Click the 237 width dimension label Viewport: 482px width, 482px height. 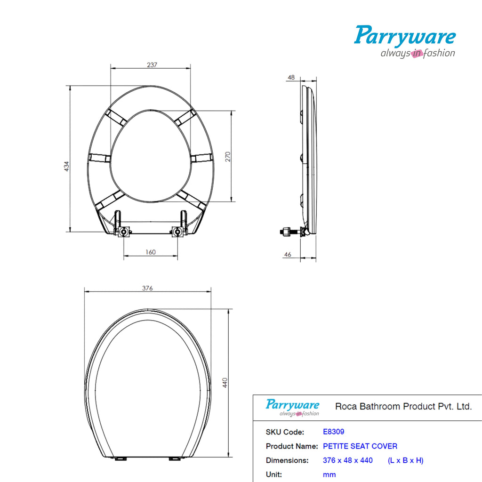point(151,65)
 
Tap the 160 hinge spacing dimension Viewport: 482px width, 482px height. point(150,252)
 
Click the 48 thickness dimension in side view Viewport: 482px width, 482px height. point(291,77)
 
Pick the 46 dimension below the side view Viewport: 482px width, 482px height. point(288,255)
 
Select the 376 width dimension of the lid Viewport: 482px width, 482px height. point(147,289)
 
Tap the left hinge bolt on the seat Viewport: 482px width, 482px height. point(124,232)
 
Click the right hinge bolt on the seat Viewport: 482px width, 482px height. point(177,232)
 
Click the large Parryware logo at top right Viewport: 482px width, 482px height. point(405,41)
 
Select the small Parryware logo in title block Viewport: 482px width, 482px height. point(292,407)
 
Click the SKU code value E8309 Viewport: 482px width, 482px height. point(333,432)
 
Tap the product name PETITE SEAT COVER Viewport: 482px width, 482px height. point(360,446)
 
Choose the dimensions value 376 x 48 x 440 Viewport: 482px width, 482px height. point(347,460)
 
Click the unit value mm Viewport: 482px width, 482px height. point(329,474)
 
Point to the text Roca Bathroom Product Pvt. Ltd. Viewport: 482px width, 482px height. point(403,406)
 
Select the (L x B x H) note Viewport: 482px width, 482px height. point(405,460)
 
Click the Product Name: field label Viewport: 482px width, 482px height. point(292,446)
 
